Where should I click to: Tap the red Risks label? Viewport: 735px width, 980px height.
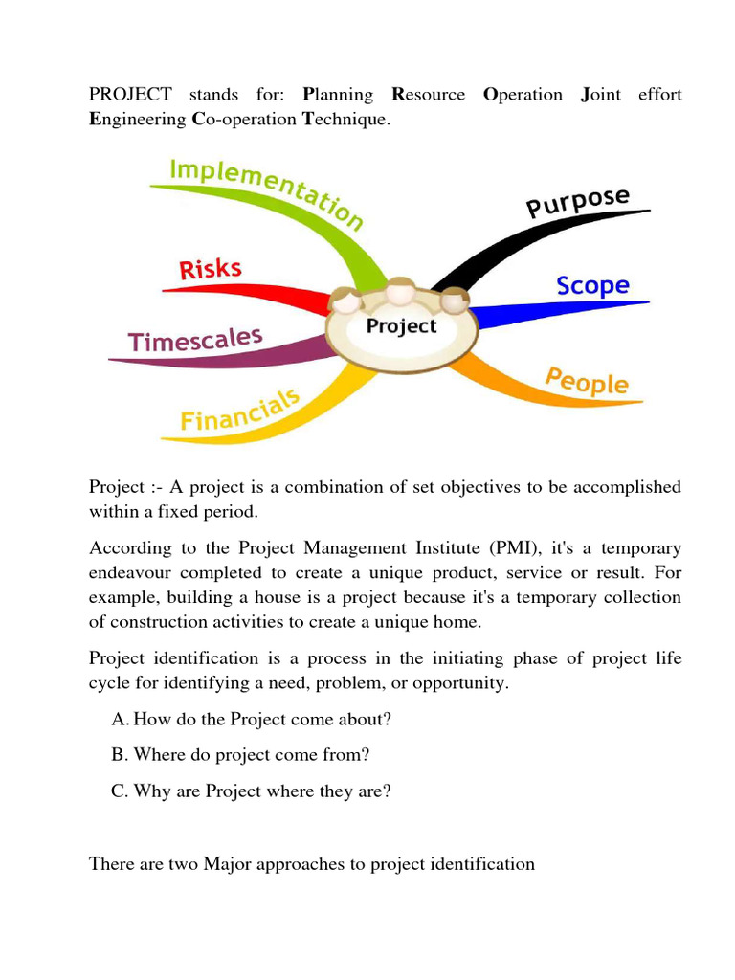click(x=211, y=269)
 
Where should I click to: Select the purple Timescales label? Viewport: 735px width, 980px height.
click(x=195, y=341)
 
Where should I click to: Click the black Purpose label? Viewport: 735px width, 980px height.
click(x=578, y=203)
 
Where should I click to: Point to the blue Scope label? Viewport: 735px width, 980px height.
click(x=592, y=285)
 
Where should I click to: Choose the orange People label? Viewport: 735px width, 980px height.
click(x=587, y=380)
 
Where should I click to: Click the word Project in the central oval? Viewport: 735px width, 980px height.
click(x=401, y=326)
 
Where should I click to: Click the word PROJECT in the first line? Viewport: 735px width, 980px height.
click(x=130, y=94)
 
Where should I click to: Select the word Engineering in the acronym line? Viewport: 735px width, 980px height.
click(x=138, y=119)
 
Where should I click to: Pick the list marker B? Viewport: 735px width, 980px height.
click(x=118, y=754)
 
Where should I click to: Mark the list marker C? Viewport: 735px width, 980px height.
click(x=118, y=791)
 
